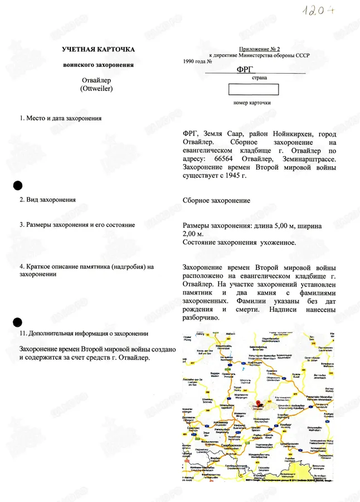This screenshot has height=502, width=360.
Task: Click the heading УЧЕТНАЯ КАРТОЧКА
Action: pyautogui.click(x=98, y=50)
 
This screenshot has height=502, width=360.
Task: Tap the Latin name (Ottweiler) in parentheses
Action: pyautogui.click(x=96, y=89)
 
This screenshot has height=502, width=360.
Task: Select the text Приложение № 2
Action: pyautogui.click(x=259, y=50)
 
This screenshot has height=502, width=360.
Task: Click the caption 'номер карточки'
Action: pyautogui.click(x=252, y=103)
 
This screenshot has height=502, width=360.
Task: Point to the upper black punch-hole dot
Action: pyautogui.click(x=18, y=186)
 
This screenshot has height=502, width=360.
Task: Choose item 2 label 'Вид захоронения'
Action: pyautogui.click(x=48, y=199)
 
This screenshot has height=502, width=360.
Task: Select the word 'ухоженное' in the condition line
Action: pyautogui.click(x=279, y=242)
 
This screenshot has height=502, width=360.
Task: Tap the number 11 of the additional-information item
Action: pyautogui.click(x=23, y=334)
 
